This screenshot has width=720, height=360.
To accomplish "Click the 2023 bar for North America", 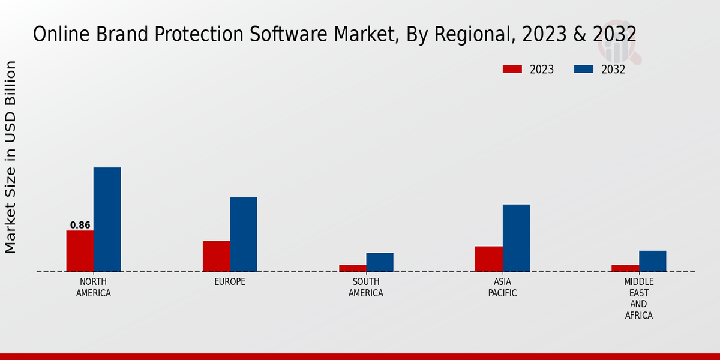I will [80, 251].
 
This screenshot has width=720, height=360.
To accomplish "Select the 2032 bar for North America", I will [107, 220].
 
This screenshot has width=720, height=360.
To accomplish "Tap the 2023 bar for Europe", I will [216, 256].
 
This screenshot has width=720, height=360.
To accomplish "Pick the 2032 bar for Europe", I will [243, 235].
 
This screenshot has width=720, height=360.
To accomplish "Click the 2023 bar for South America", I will [352, 268].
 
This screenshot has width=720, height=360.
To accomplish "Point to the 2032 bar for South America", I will [380, 262].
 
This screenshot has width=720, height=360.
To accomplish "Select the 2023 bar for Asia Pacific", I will [488, 259].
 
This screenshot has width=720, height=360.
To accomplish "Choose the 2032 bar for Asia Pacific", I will [516, 238].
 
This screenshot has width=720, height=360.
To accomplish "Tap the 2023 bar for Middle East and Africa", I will [625, 268].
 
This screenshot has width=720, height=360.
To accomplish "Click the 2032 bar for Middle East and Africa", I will [652, 261].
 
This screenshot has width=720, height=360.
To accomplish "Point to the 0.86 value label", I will [80, 226].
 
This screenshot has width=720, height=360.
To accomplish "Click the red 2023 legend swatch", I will [512, 69].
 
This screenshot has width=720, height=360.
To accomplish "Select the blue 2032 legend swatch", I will [583, 69].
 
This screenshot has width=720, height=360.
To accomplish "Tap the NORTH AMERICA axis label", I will [94, 287].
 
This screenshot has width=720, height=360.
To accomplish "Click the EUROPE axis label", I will [230, 282].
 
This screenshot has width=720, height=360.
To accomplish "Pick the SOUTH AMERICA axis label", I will [366, 287].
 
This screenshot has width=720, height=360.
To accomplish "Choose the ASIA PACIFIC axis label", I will [502, 287].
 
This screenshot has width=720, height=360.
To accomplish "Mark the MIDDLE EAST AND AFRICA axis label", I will [639, 298].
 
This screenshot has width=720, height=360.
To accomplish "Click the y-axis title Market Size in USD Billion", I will [11, 157].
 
